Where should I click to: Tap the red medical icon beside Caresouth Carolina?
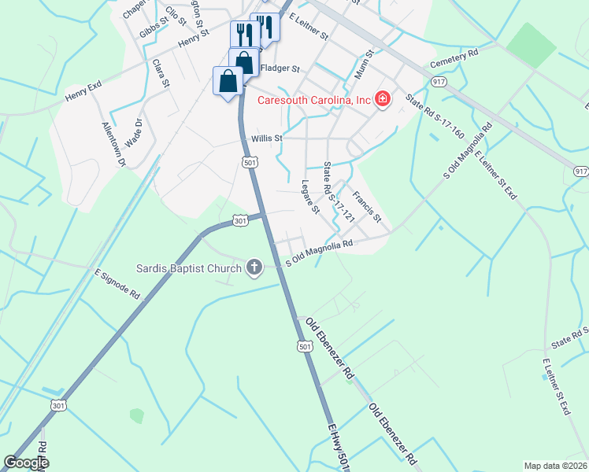click(383, 99)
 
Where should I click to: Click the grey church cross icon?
click(254, 267)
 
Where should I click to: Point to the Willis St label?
click(266, 138)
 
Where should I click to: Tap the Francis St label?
click(367, 205)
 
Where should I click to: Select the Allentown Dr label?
click(113, 144)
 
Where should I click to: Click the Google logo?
click(26, 463)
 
